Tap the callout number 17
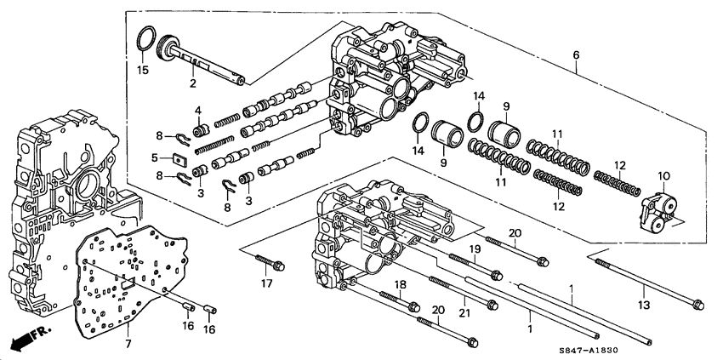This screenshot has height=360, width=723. click(x=266, y=284)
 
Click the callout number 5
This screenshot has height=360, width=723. click(x=156, y=157)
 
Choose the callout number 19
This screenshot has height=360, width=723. click(x=476, y=249)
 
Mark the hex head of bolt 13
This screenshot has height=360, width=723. click(x=696, y=303)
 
